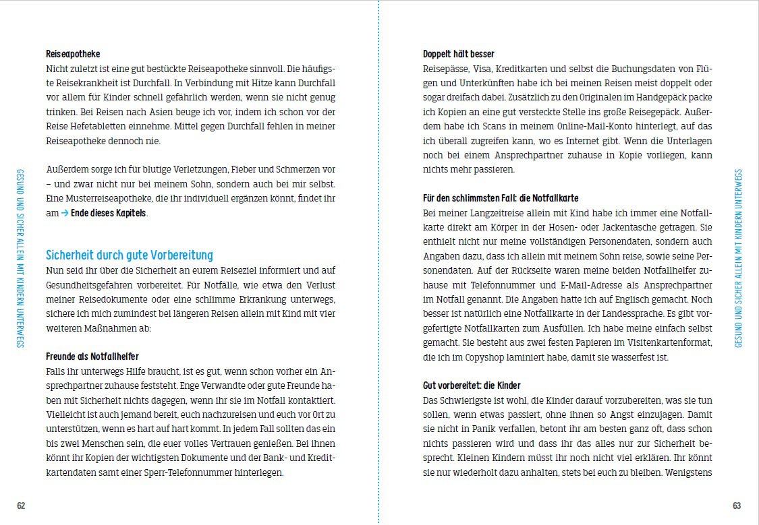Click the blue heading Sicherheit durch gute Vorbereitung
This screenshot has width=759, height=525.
[x=129, y=255]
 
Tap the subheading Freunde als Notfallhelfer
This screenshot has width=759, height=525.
[x=92, y=356]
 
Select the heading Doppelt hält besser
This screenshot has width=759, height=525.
[x=458, y=54]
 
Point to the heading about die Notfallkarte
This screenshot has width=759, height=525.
[x=501, y=198]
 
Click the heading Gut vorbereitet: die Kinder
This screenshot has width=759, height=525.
[x=472, y=385]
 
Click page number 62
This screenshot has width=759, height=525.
[x=21, y=506]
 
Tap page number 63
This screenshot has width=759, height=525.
[x=737, y=506]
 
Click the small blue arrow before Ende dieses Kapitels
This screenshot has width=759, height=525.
[x=65, y=214]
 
